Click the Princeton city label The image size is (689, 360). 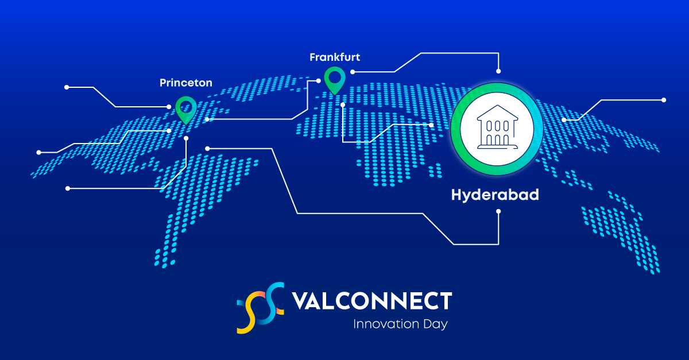point(185,83)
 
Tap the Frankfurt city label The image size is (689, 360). point(335,57)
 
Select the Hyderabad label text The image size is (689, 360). point(494,195)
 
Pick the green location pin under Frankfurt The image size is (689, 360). point(334,79)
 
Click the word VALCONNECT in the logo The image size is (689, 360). point(371,301)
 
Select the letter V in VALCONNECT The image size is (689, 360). point(299,301)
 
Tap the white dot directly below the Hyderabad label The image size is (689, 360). point(498,211)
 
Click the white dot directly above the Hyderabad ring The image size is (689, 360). point(498,71)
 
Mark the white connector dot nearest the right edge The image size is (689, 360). point(664,100)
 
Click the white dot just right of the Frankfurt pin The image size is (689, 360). point(353,72)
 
